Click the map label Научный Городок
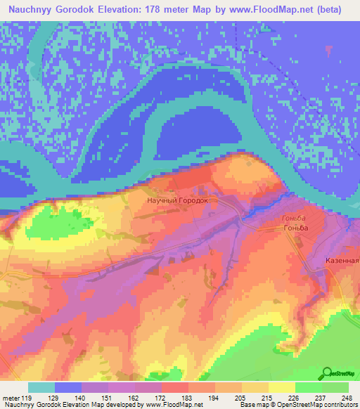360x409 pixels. click(177, 200)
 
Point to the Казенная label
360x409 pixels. click(342, 260)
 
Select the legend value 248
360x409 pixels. click(347, 397)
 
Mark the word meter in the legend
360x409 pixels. click(11, 397)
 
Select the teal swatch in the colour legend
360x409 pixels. click(41, 387)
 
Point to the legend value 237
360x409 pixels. click(321, 397)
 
